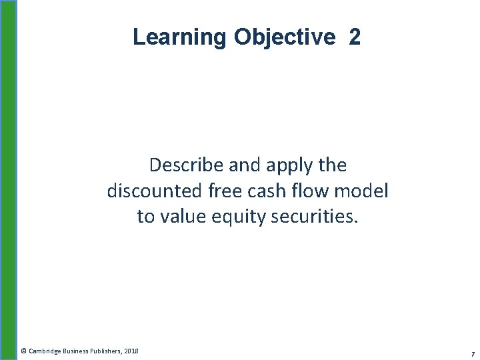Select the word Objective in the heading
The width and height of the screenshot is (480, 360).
[285, 37]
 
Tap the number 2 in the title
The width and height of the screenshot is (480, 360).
[354, 37]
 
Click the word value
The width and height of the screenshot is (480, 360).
[181, 217]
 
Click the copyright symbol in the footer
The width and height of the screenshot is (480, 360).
[23, 351]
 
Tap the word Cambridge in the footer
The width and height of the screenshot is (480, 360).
[45, 351]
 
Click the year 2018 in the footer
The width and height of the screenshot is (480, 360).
[131, 351]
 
